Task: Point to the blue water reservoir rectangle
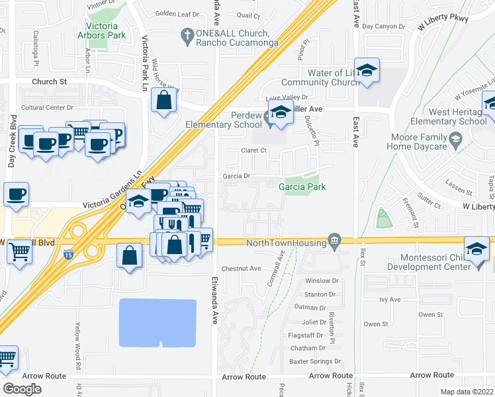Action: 158,322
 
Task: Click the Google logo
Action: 22,389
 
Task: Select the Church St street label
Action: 50,82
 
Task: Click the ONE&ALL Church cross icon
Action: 188,34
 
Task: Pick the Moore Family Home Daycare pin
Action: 455,139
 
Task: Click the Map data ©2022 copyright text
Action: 467,392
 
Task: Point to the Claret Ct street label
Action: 253,151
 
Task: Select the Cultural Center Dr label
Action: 46,107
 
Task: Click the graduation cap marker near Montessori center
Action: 476,249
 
